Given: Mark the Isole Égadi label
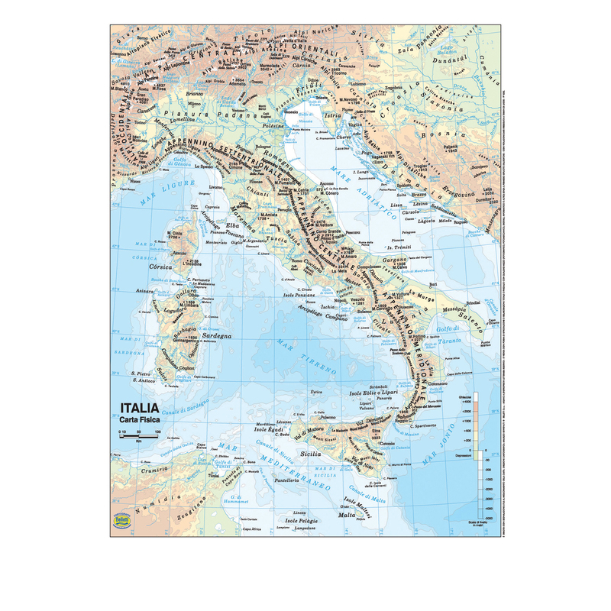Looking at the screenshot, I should pos(270,430).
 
